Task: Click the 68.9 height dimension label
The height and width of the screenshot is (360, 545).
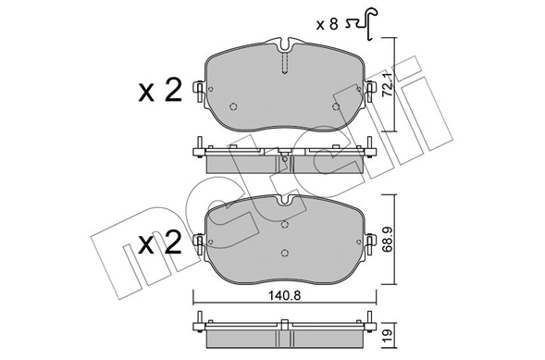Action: pos(388,239)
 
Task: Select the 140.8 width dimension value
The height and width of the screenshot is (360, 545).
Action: pos(285,296)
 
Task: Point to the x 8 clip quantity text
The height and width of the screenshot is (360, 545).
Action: pos(327,25)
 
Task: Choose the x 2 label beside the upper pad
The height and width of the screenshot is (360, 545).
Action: pos(160,90)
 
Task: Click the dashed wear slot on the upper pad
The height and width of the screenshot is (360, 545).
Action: pos(285,63)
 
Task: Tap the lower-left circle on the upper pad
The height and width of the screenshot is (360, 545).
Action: pos(233,106)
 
